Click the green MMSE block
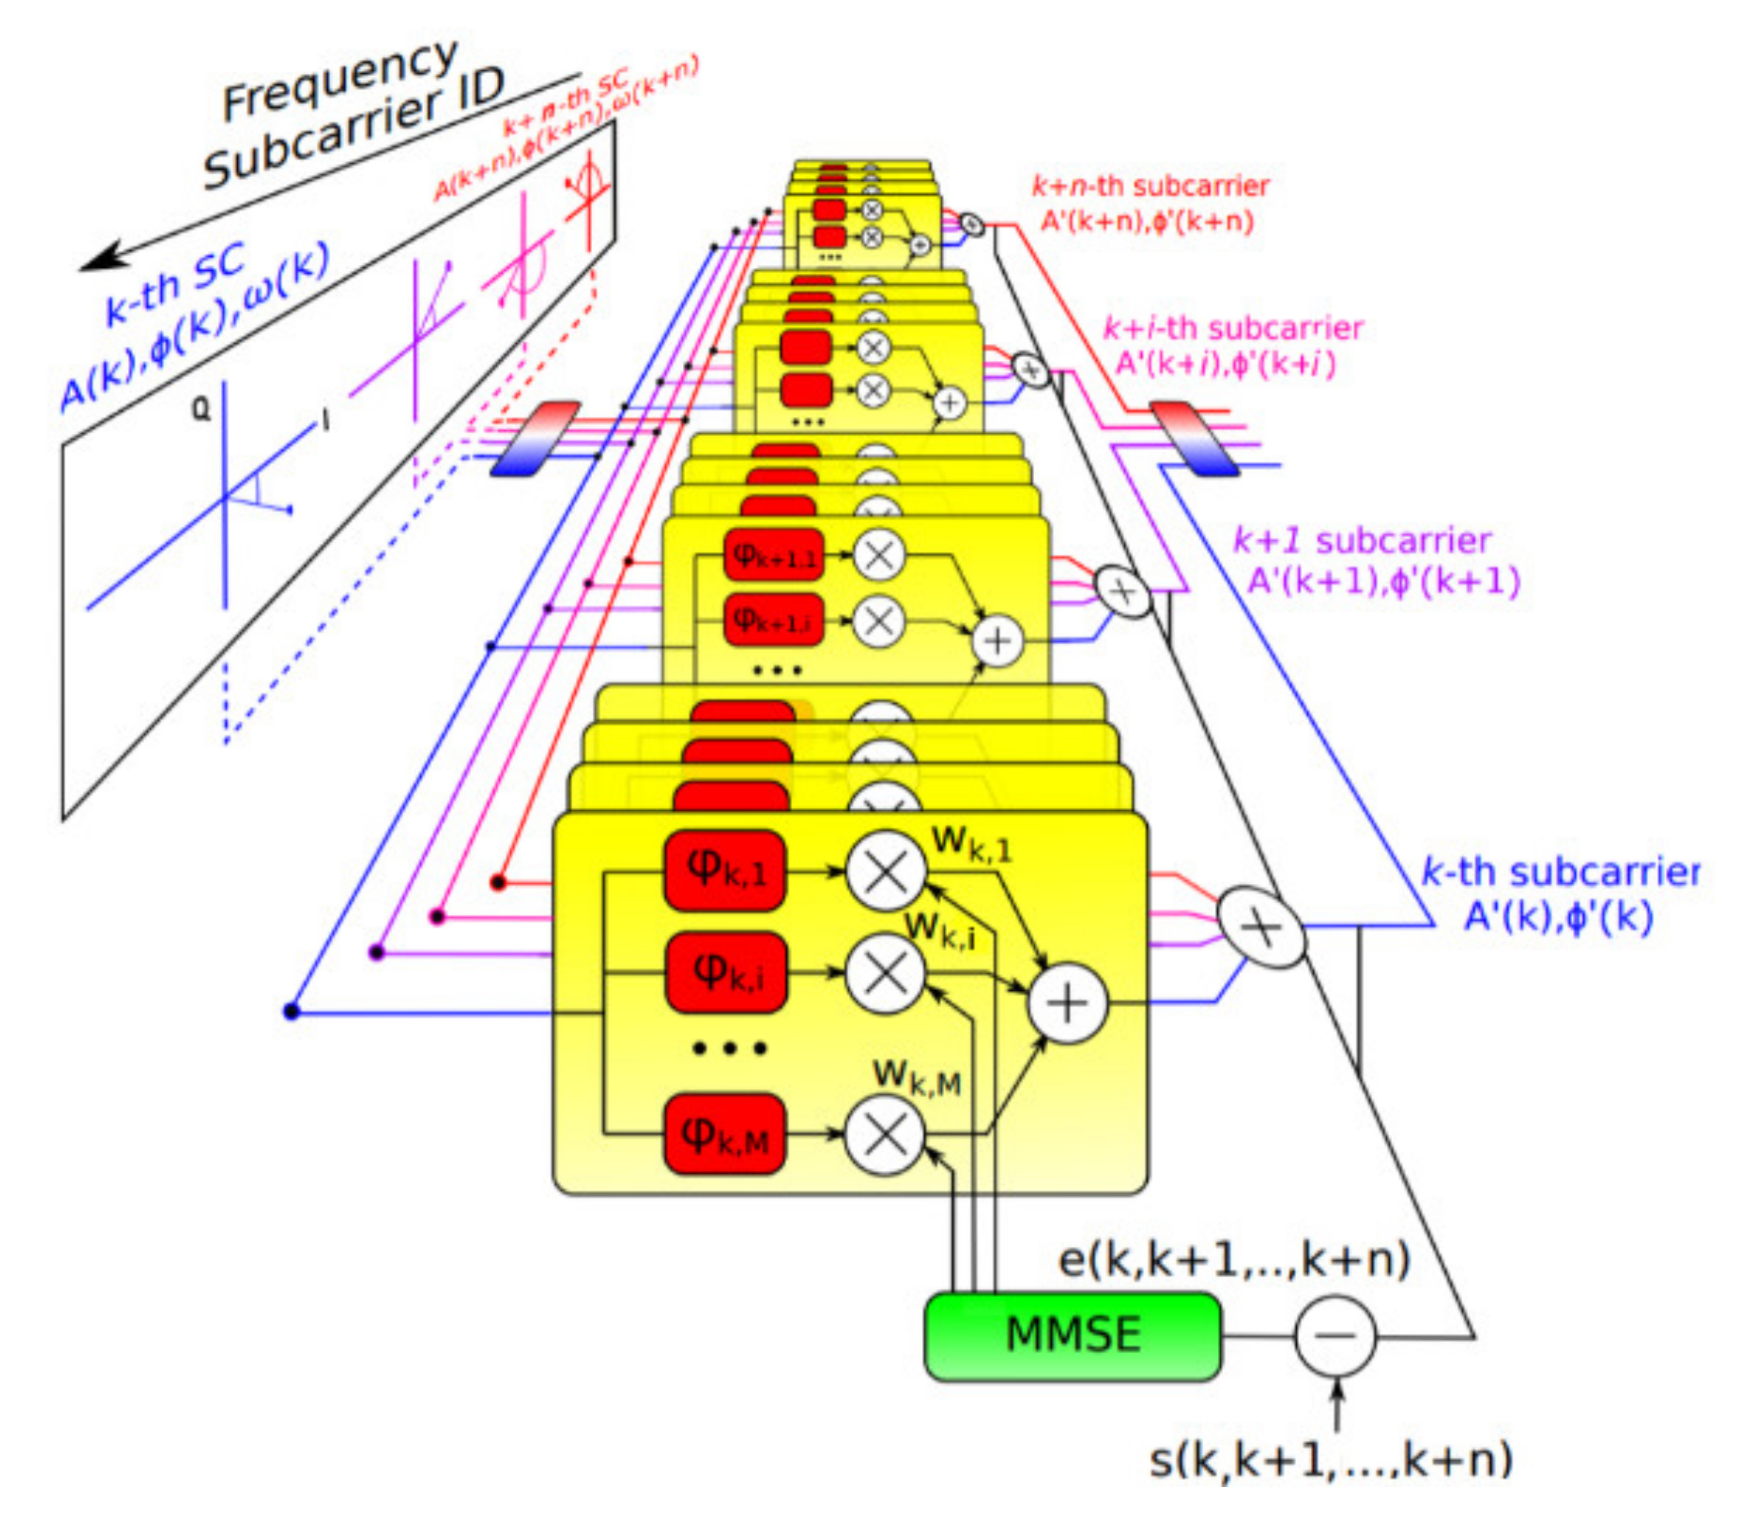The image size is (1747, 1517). (1072, 1336)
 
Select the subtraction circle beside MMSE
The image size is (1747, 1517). (1335, 1336)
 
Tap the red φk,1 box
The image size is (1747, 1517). (725, 870)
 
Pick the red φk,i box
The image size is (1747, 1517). (725, 972)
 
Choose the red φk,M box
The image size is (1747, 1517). (725, 1134)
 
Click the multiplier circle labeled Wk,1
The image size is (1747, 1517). (886, 871)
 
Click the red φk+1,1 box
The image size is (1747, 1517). (774, 555)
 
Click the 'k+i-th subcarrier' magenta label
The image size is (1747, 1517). (1232, 329)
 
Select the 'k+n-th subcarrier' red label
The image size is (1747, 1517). (1151, 186)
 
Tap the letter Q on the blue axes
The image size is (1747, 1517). (201, 410)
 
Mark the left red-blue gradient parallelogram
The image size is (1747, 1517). (535, 438)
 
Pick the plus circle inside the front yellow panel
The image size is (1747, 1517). (1067, 1003)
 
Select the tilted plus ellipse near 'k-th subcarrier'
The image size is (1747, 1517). (1261, 927)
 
